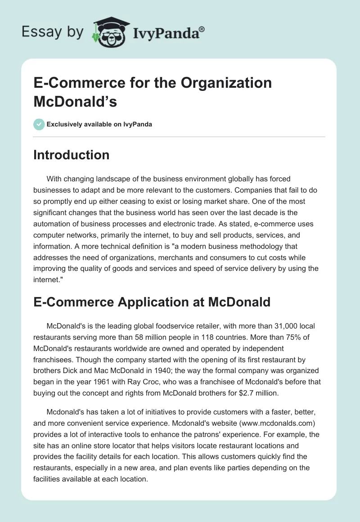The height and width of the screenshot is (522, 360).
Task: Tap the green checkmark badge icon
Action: (39, 124)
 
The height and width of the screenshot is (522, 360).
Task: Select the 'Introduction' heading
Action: (71, 155)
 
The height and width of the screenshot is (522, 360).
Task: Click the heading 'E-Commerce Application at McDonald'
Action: (152, 301)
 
